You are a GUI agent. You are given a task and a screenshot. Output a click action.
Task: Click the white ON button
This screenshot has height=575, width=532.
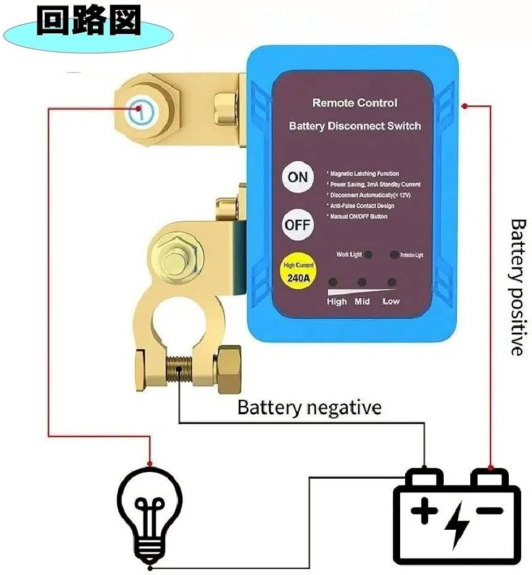(x=298, y=177)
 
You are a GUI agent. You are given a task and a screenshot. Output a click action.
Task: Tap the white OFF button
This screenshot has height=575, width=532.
(x=298, y=224)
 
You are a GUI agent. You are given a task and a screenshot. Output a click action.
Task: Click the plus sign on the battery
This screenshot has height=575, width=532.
(x=424, y=513)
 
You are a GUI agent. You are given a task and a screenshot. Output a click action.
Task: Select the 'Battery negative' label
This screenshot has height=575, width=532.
(x=309, y=407)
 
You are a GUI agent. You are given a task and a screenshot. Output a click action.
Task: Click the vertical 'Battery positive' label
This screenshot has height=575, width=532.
(x=517, y=287)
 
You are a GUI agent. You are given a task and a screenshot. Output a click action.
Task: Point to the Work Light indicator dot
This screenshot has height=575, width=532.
(x=368, y=255)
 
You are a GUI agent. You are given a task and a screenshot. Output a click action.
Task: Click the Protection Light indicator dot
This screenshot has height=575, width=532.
(x=394, y=255)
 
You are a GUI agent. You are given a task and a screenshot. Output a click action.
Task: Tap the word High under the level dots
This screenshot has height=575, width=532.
(x=337, y=302)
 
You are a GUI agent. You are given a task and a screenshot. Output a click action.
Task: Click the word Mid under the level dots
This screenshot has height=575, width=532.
(x=362, y=302)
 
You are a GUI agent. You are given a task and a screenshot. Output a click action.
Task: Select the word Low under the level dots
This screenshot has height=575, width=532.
(x=391, y=302)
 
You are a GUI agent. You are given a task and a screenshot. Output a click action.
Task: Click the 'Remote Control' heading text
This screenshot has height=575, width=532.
(x=355, y=103)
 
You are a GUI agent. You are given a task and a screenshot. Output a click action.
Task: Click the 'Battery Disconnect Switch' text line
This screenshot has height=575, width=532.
(x=355, y=126)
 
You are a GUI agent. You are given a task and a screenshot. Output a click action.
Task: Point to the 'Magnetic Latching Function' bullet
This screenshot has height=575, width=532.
(x=364, y=174)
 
